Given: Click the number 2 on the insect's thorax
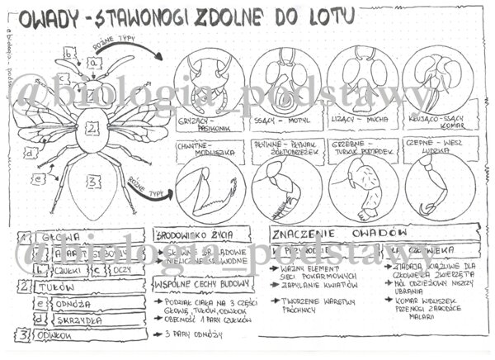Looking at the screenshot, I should tap(93, 128).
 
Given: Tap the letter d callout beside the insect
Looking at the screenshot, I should tap(30, 153).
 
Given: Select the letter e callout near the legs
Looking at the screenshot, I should tap(37, 177).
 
